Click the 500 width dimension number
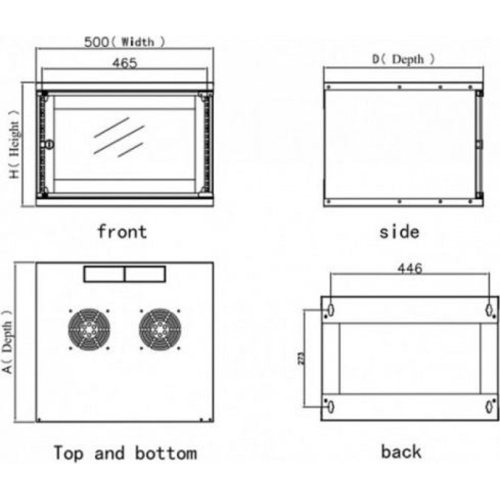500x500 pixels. (96, 42)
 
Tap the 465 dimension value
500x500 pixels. (124, 63)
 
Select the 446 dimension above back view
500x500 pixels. (410, 269)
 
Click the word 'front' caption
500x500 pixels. (122, 231)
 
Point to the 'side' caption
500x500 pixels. (399, 231)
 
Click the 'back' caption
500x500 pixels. (401, 452)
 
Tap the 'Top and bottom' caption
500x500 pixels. (126, 452)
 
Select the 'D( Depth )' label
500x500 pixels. (403, 59)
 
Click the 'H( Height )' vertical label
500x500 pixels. (14, 144)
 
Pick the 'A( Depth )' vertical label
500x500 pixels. (7, 341)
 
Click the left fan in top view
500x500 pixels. (89, 329)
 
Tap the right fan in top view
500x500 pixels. (160, 329)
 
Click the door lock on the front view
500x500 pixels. (49, 144)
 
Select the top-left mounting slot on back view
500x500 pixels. (331, 309)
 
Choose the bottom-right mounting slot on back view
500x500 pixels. (489, 407)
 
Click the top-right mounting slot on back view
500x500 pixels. (489, 309)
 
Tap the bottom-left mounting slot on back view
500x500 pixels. (331, 407)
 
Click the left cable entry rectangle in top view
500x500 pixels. (104, 274)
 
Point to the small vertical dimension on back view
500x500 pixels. (302, 358)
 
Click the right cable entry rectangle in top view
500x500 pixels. (146, 274)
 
